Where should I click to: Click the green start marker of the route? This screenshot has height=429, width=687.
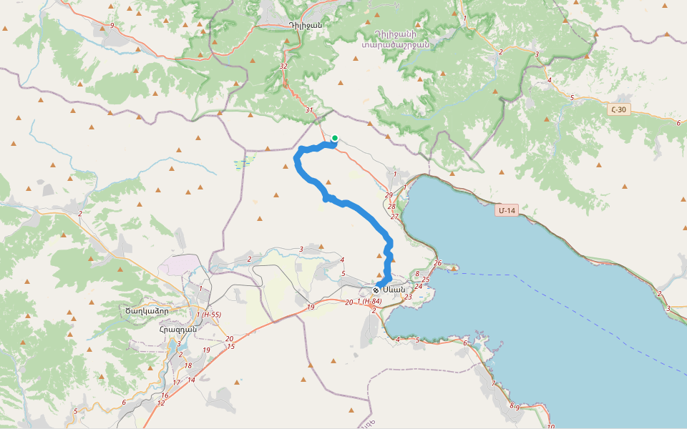click(334, 138)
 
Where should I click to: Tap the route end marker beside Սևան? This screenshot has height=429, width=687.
click(376, 290)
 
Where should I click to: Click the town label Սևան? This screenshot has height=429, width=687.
click(394, 290)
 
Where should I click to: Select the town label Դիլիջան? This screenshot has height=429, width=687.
click(306, 25)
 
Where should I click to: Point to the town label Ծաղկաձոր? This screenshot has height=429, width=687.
click(147, 310)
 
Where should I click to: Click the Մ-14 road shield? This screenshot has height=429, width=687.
click(507, 210)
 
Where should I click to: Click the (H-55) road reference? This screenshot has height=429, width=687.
click(212, 314)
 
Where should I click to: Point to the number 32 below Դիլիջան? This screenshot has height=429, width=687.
click(283, 66)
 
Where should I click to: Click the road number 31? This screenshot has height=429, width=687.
click(308, 110)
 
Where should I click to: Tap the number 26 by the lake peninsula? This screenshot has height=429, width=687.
click(437, 262)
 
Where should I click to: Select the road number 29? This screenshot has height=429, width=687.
click(389, 195)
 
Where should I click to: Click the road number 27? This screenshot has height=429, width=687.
click(394, 216)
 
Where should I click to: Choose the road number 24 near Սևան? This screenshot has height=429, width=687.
click(419, 286)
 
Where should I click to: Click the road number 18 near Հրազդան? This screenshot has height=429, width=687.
click(188, 365)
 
